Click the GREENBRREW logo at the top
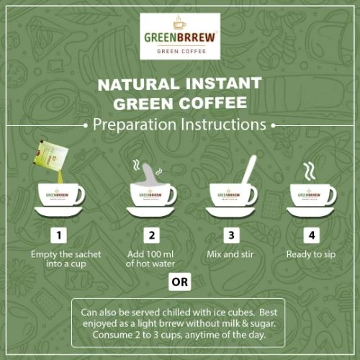tap(180, 36)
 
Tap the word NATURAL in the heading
tap(138, 84)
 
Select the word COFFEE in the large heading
tap(213, 103)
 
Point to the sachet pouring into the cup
tap(51, 154)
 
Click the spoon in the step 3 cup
tap(249, 170)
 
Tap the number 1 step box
tap(59, 235)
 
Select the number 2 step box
tap(151, 235)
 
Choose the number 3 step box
tap(231, 235)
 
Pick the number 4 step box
tap(312, 235)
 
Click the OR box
tap(180, 282)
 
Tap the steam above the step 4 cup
tap(310, 171)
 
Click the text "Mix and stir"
tap(230, 254)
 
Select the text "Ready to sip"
tap(311, 254)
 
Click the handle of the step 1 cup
tap(81, 194)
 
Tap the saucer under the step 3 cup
tap(230, 212)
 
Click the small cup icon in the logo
tap(179, 23)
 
